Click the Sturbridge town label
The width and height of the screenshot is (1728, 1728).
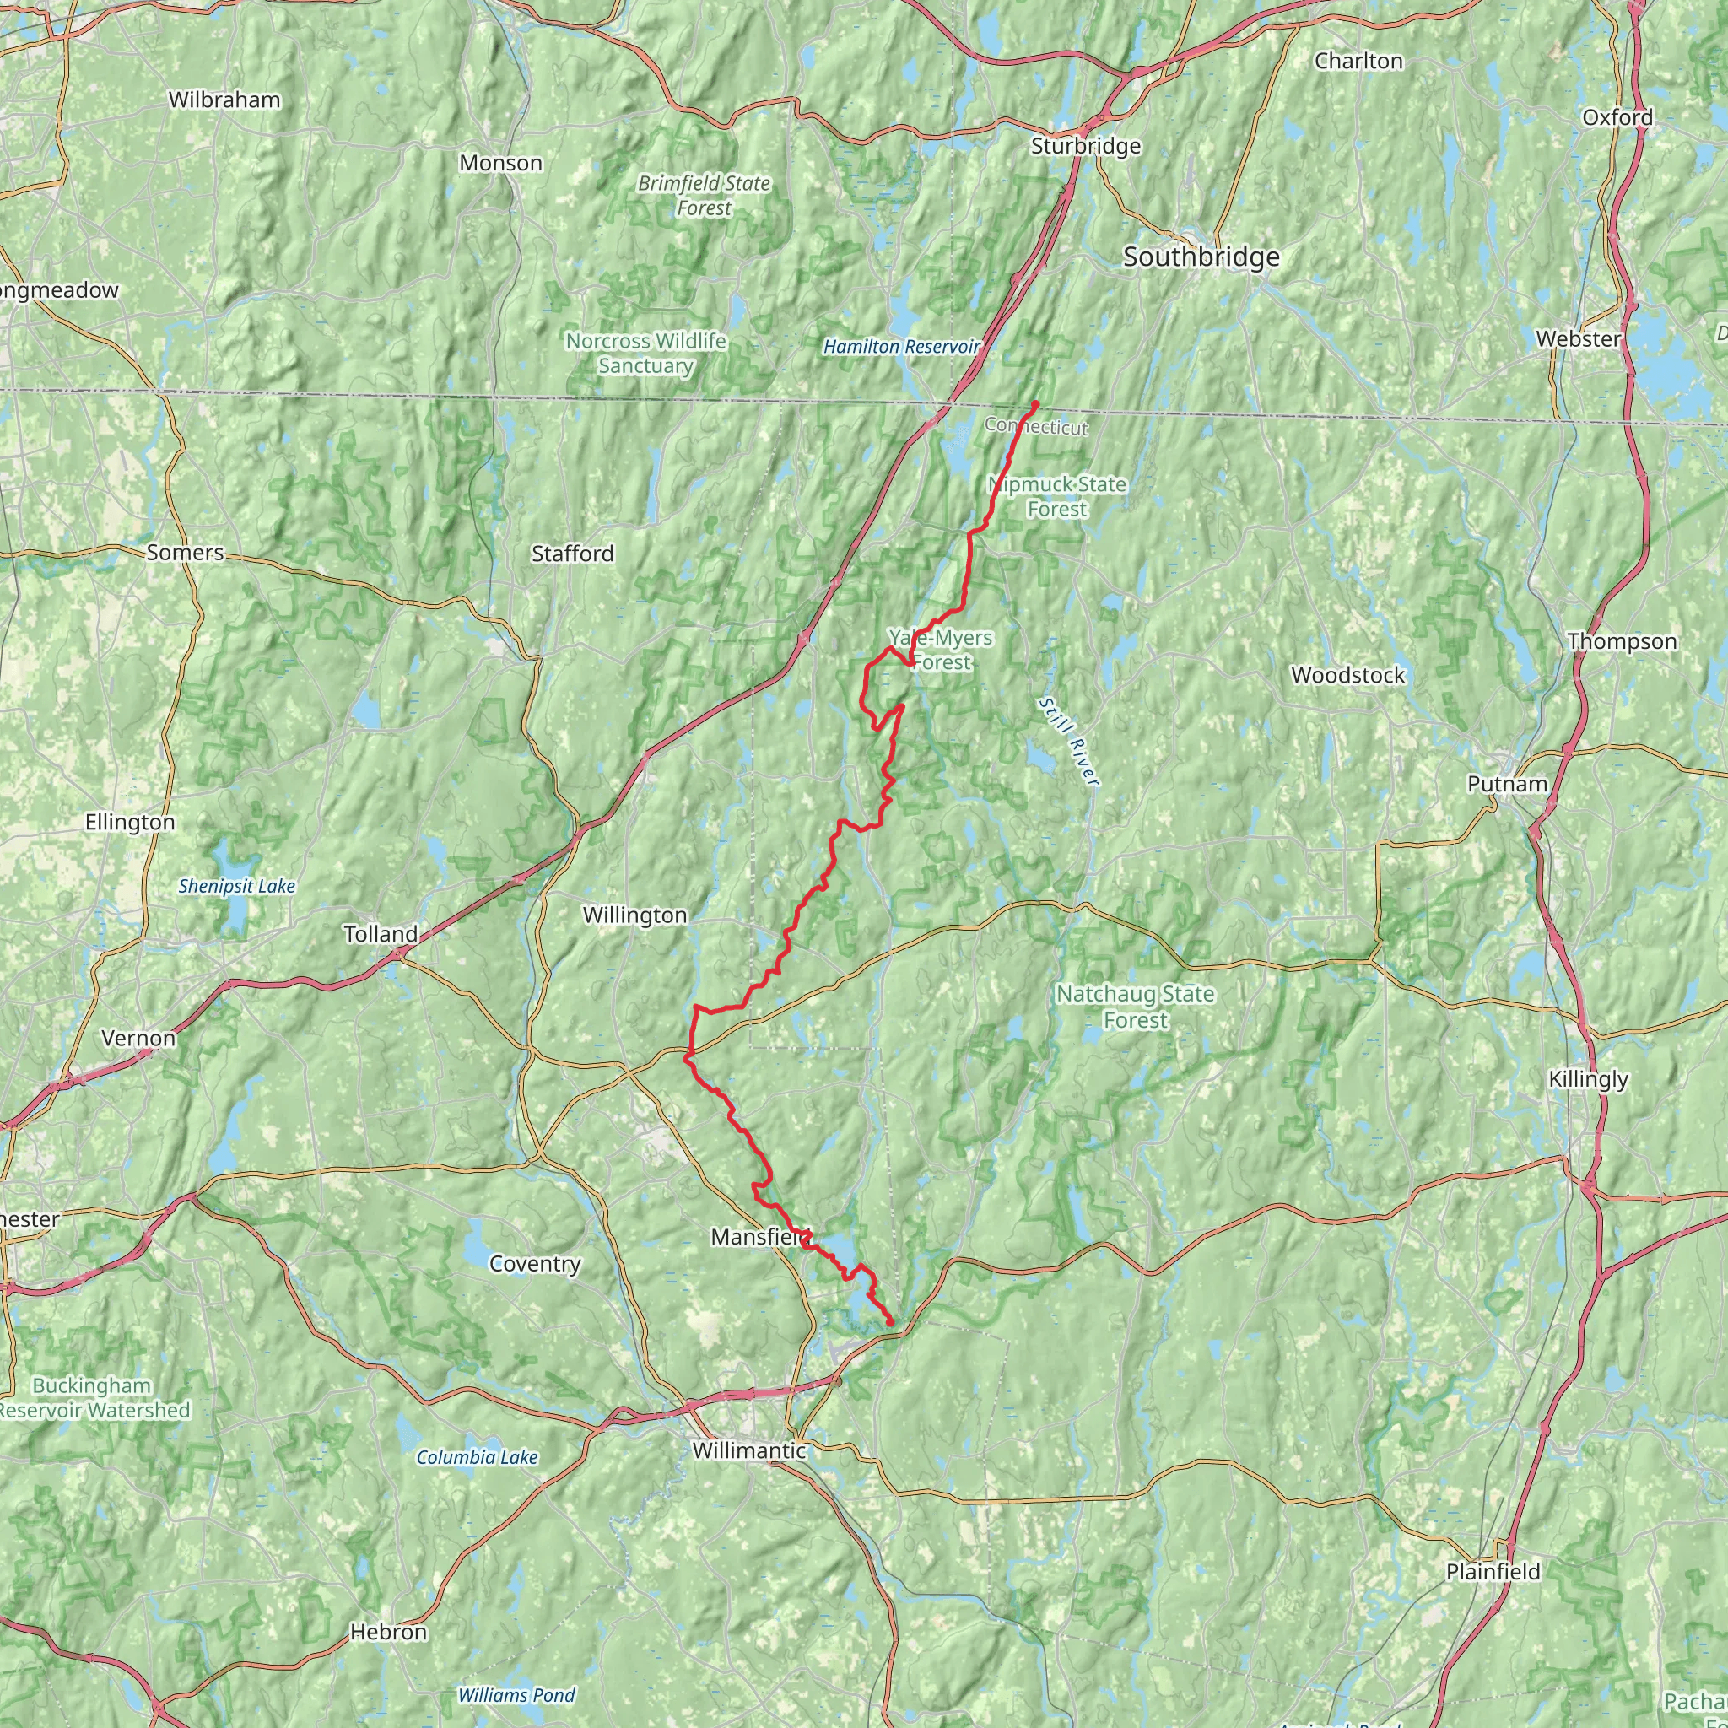tap(1086, 146)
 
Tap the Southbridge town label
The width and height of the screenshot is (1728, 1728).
tap(1201, 257)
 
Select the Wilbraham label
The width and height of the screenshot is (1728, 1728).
tap(224, 100)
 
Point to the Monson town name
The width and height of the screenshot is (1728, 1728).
tap(501, 164)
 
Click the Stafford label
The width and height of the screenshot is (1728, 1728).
tap(572, 553)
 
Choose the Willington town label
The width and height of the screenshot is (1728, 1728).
tap(634, 915)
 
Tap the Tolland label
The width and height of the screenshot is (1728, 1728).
tap(381, 934)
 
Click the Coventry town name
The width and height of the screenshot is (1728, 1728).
tap(535, 1264)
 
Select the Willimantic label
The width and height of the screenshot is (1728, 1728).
tap(749, 1450)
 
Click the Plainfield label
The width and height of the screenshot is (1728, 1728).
tap(1493, 1571)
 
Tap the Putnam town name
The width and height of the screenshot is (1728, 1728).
tap(1507, 784)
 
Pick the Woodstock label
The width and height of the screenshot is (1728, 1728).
tap(1347, 675)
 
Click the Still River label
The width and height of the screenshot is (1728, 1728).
tap(1068, 742)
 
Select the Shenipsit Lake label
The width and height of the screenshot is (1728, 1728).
tap(236, 887)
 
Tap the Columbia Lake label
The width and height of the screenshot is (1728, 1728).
tap(478, 1457)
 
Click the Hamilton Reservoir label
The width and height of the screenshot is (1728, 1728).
tap(902, 346)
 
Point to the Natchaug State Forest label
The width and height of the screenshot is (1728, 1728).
tap(1135, 1007)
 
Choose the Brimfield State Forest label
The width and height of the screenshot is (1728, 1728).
tap(704, 195)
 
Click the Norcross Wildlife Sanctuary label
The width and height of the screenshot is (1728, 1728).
tap(645, 354)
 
